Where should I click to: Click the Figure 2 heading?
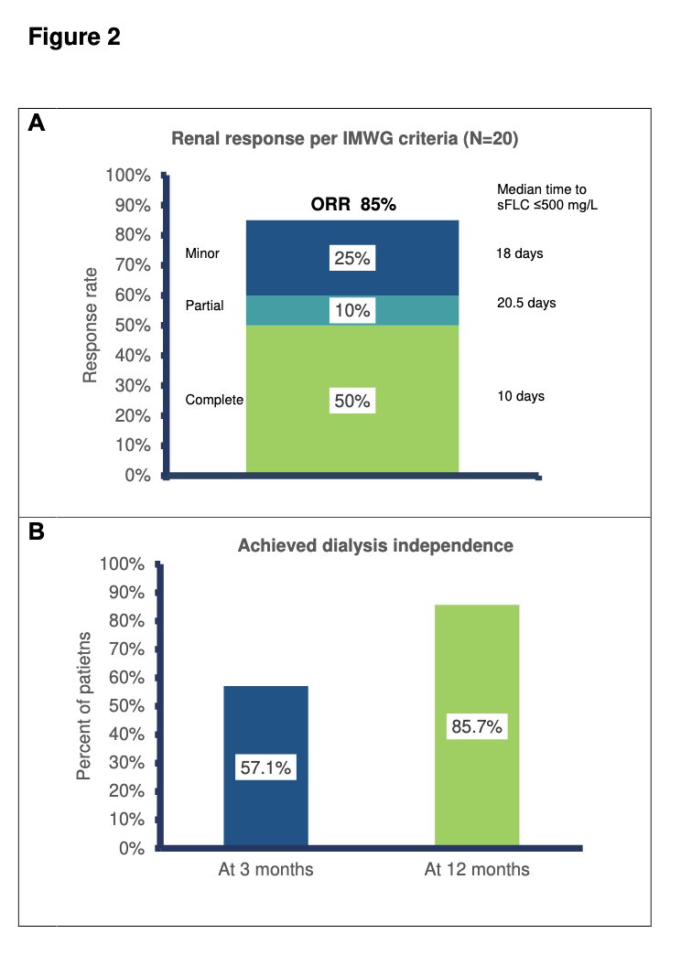point(74,38)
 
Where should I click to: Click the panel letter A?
point(37,123)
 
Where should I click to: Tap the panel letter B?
point(37,531)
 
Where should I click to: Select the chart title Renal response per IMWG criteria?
point(344,139)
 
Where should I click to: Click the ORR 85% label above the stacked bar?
point(353,204)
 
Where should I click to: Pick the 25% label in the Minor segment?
point(352,258)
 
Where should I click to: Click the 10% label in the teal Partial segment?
point(352,311)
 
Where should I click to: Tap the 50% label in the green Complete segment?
point(352,401)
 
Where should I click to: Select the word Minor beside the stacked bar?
point(202,253)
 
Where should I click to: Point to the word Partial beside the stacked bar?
point(205,306)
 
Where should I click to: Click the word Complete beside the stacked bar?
point(214,400)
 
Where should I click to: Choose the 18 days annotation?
point(520,253)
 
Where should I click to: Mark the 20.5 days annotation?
point(526,303)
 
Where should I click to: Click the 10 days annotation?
point(521,396)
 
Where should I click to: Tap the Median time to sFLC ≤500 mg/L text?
point(547,198)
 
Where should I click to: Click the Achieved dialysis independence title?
point(375,546)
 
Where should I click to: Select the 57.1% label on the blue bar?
point(265,767)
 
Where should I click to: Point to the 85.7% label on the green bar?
point(477,726)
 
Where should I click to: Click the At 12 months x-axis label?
point(478,869)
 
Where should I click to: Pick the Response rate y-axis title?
point(90,326)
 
